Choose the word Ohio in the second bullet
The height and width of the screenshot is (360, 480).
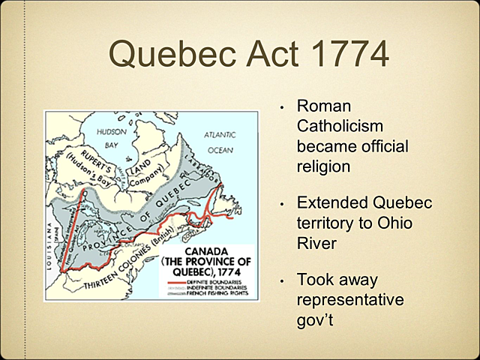pyautogui.click(x=398, y=223)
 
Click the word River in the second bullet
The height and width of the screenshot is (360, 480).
pyautogui.click(x=318, y=243)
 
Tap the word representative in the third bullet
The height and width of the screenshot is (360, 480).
pyautogui.click(x=349, y=301)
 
